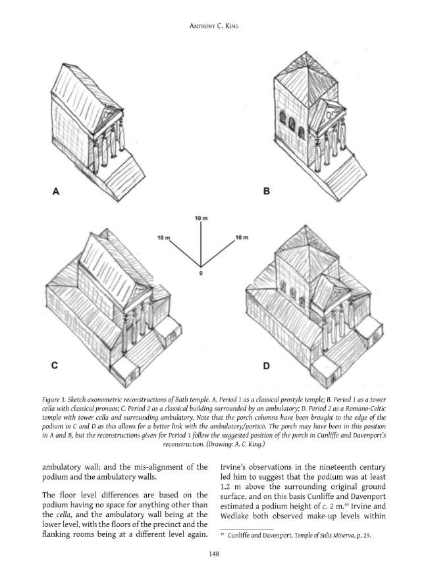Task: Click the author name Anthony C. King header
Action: click(x=214, y=26)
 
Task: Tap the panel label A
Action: click(x=55, y=191)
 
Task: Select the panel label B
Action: click(x=266, y=191)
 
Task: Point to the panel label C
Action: click(x=55, y=365)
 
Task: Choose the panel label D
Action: click(x=266, y=366)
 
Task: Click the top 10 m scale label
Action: click(x=201, y=218)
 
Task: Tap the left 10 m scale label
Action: click(x=163, y=237)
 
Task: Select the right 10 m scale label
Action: click(x=242, y=237)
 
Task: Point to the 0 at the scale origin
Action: click(x=201, y=274)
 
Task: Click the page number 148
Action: click(x=214, y=553)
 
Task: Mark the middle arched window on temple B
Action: click(x=292, y=124)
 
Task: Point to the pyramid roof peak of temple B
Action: click(x=306, y=52)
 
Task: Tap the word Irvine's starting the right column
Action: click(x=233, y=467)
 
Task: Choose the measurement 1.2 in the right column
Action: click(x=225, y=487)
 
